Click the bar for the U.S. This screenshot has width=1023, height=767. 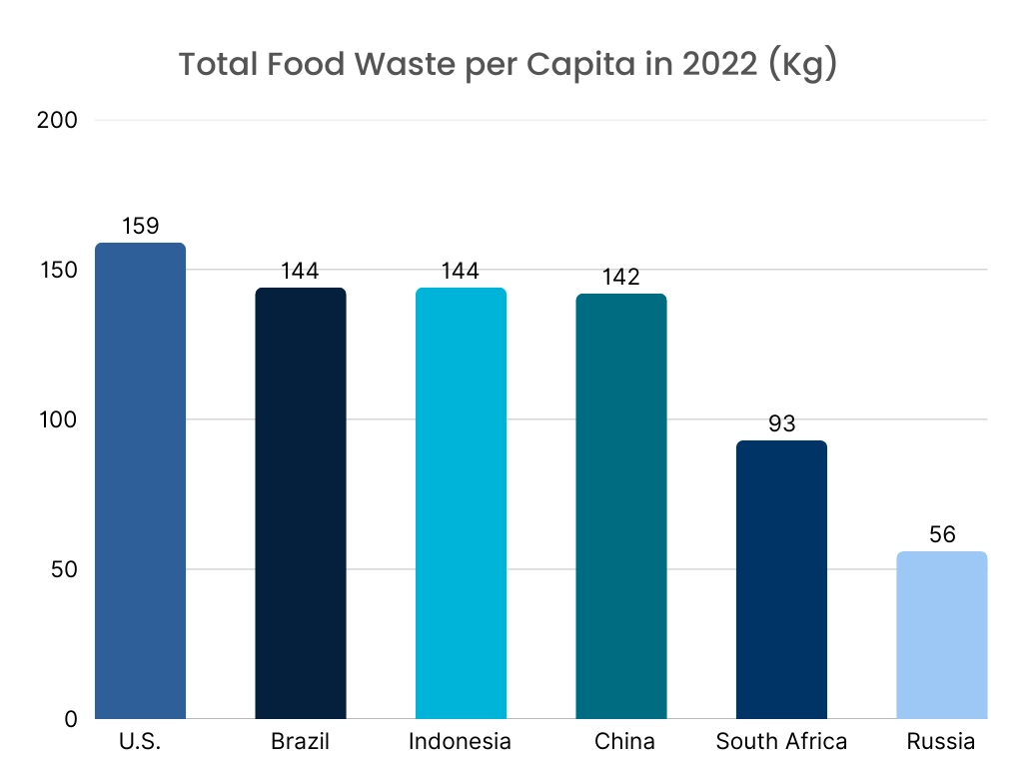coord(140,480)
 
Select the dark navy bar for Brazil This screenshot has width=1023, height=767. coord(301,503)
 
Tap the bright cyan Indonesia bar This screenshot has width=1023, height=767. coord(461,503)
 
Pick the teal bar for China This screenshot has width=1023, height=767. coord(621,506)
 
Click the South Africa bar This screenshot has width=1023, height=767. coord(781,579)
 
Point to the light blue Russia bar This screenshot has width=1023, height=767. coord(942,635)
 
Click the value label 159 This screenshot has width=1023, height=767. coord(140,227)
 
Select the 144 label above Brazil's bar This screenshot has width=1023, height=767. coord(301,272)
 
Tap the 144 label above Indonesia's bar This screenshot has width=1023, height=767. coord(461,272)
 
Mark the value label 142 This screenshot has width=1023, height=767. coord(621,278)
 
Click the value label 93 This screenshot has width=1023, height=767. coord(781,424)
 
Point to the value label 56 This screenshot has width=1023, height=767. coord(942,535)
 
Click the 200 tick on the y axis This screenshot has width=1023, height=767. coord(57,121)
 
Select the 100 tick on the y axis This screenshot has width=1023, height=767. coord(57,420)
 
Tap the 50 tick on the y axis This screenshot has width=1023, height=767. coord(62,570)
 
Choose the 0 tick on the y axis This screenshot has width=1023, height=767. coord(71,720)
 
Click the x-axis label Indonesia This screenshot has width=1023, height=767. coord(461,742)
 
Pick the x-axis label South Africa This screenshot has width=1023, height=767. coord(781,742)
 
